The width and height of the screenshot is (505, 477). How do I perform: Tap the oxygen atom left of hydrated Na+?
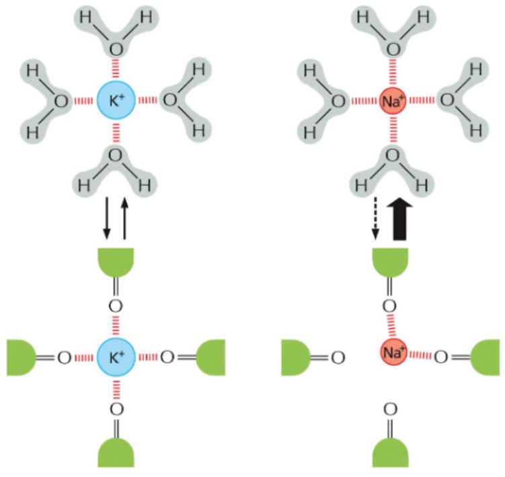[x=338, y=102]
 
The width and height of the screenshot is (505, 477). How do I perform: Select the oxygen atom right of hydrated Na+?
[x=448, y=102]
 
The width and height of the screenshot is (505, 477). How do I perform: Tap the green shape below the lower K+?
[x=116, y=451]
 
